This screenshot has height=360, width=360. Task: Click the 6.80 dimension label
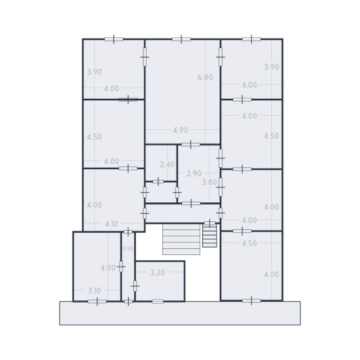[x=205, y=77]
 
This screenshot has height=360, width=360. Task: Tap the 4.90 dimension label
[x=180, y=130]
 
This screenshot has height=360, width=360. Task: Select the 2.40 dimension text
[x=166, y=164]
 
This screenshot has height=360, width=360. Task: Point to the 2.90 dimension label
[x=193, y=174]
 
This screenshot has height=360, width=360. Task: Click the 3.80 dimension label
[x=210, y=182]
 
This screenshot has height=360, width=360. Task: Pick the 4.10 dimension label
[x=112, y=224]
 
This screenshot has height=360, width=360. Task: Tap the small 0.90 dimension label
[x=128, y=249]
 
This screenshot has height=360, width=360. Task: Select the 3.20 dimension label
[x=157, y=273]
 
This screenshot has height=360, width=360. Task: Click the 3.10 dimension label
[x=94, y=291]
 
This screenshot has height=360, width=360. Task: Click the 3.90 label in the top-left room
[x=94, y=72]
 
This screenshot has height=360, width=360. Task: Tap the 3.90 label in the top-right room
[x=271, y=67]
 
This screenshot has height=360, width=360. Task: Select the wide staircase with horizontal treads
[x=181, y=240]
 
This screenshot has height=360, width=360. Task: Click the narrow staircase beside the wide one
[x=210, y=235]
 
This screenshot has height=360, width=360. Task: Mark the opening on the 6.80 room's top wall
[x=181, y=39]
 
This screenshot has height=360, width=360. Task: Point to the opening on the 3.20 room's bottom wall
[x=158, y=301]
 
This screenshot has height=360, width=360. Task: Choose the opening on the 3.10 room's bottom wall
[x=97, y=301]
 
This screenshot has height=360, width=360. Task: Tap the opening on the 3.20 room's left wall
[x=135, y=286]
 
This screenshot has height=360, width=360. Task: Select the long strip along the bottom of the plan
[x=180, y=313]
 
